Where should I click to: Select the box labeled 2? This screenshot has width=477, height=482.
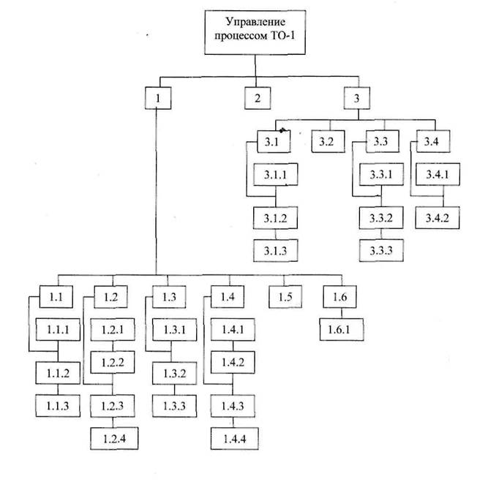257,97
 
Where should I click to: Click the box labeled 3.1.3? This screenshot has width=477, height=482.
275,249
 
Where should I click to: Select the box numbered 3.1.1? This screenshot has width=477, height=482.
275,176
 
